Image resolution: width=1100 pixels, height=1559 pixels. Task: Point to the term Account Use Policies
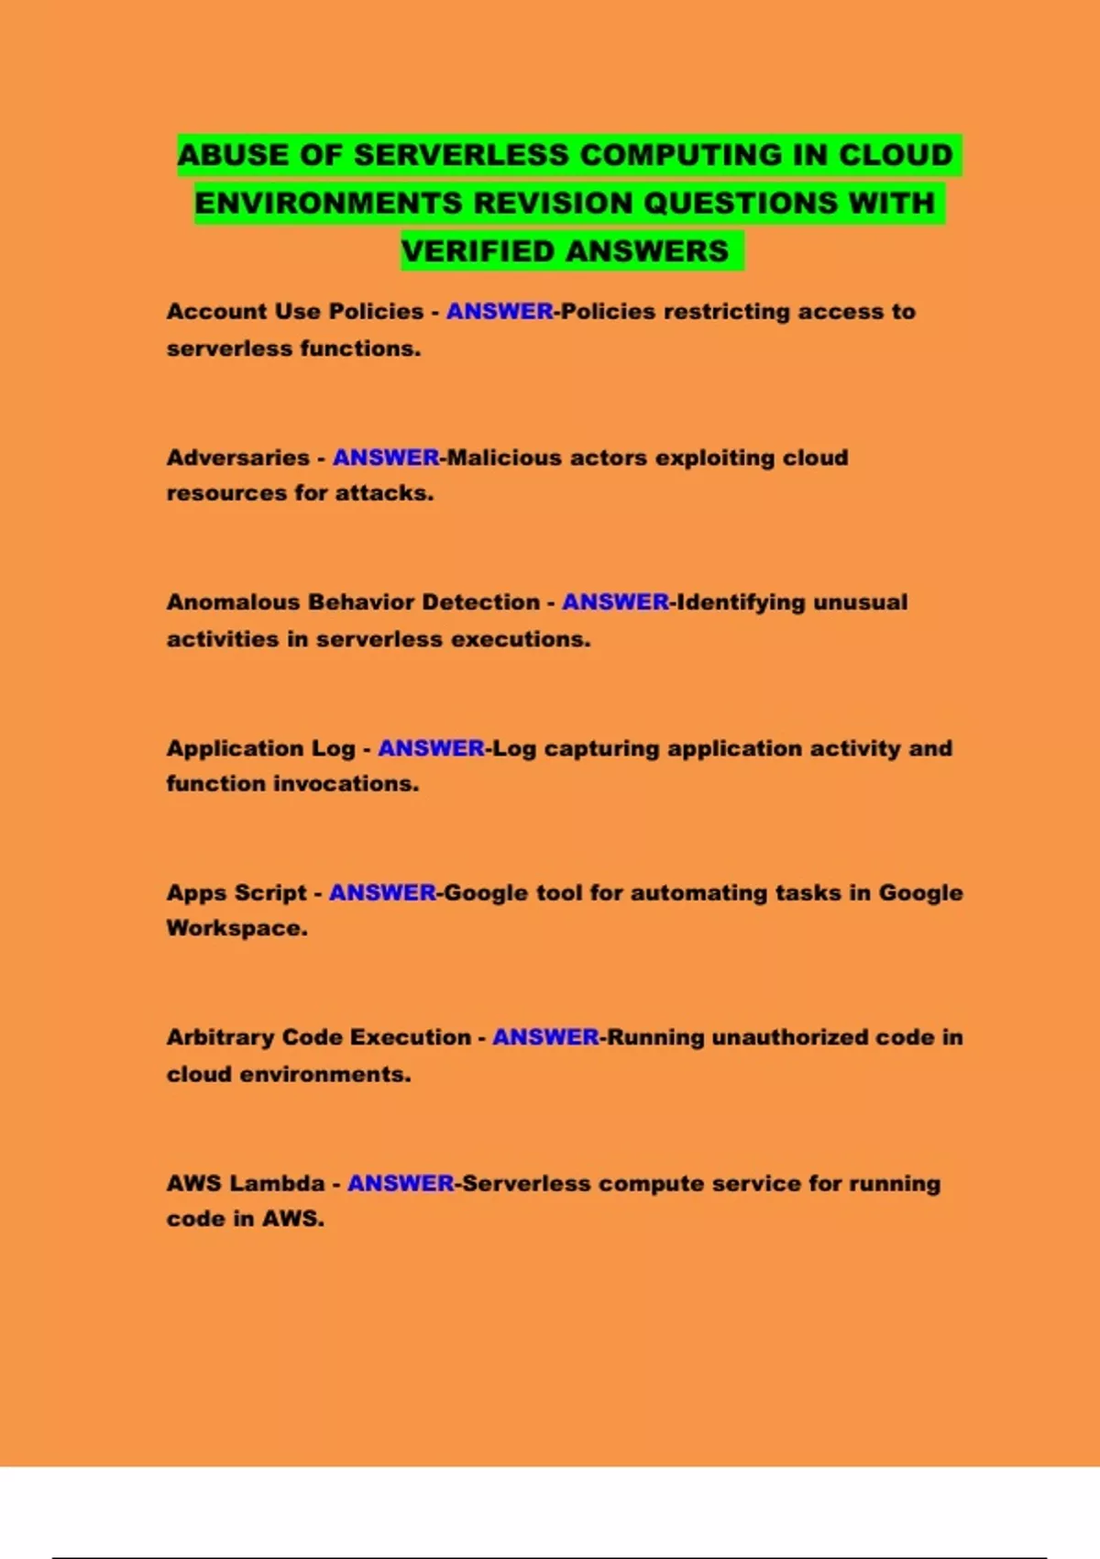tap(294, 312)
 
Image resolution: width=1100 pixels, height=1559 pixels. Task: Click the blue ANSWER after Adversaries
tap(386, 458)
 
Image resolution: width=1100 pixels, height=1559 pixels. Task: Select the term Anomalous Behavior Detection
tap(353, 603)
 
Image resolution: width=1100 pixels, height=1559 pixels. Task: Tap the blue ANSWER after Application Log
tap(431, 748)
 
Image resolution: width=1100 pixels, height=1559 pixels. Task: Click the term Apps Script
tap(236, 893)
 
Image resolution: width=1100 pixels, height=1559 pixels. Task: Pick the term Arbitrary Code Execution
tap(318, 1037)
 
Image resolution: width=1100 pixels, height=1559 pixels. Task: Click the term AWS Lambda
tap(245, 1183)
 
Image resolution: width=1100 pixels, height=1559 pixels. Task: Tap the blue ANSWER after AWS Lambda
tap(401, 1183)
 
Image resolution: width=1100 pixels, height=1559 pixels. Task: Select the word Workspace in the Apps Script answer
tap(235, 928)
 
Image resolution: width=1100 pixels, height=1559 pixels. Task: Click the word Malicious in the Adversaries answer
tap(503, 458)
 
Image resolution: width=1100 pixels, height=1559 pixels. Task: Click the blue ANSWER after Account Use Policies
tap(500, 312)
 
